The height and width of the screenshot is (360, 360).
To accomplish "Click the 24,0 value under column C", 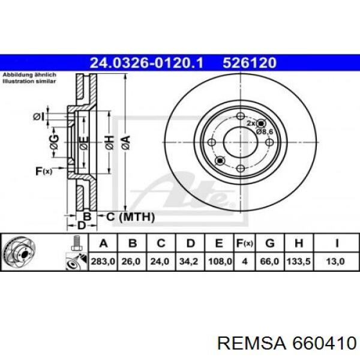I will pyautogui.click(x=161, y=261).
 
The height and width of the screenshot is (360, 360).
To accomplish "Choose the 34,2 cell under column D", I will pyautogui.click(x=190, y=261).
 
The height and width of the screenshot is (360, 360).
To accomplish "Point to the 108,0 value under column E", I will pyautogui.click(x=219, y=261).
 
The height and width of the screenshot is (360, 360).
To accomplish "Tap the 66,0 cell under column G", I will pyautogui.click(x=269, y=261).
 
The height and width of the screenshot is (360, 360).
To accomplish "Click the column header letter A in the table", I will pyautogui.click(x=103, y=243).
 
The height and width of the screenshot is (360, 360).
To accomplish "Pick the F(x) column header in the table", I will pyautogui.click(x=244, y=243).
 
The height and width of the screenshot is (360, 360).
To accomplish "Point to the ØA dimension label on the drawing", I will pyautogui.click(x=125, y=142).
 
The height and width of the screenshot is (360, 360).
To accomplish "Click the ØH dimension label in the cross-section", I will pyautogui.click(x=109, y=142).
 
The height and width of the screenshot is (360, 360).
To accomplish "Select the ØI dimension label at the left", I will pyautogui.click(x=39, y=116).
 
